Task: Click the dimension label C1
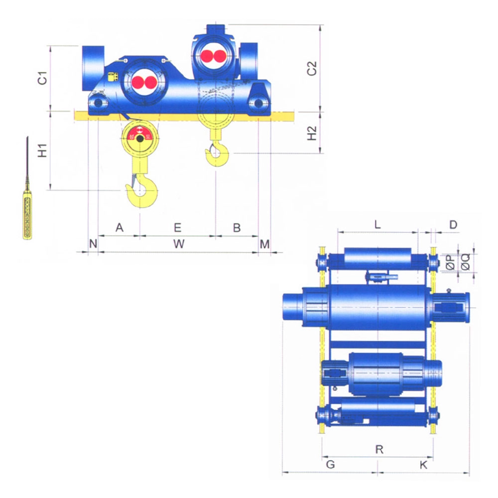[x=42, y=78]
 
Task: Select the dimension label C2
[x=312, y=68]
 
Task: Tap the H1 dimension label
[x=42, y=150]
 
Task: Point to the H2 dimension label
[x=312, y=133]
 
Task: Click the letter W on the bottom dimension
[x=179, y=244]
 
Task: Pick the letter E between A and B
[x=178, y=228]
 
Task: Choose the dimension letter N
[x=93, y=244]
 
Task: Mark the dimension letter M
[x=264, y=244]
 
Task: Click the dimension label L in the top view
[x=377, y=225]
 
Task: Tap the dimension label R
[x=379, y=449]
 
